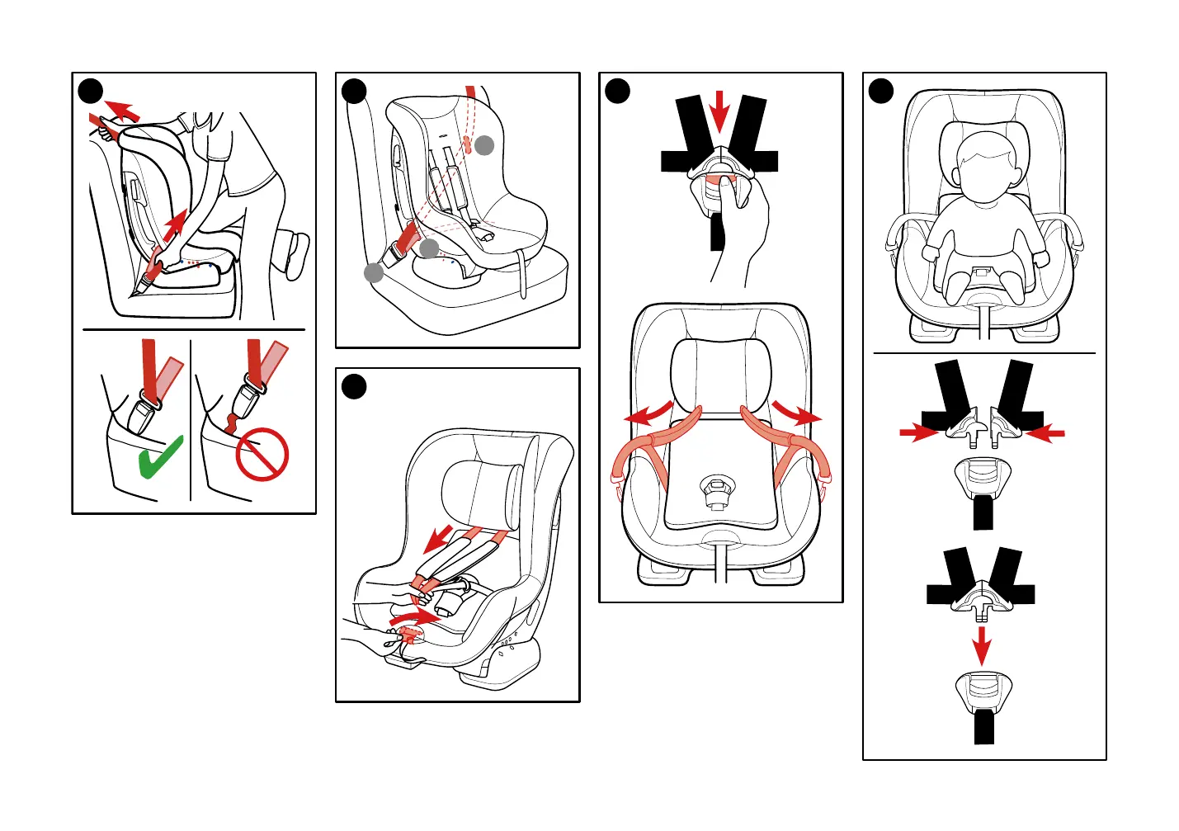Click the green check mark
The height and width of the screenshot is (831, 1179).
pyautogui.click(x=161, y=458)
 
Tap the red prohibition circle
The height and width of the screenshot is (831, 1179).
pyautogui.click(x=262, y=456)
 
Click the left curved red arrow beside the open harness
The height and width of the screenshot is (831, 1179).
pyautogui.click(x=648, y=414)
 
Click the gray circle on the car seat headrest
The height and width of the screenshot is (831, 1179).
pyautogui.click(x=484, y=145)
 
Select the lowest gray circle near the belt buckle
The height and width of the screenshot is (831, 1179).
pyautogui.click(x=374, y=272)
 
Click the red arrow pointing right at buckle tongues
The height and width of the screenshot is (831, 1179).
pyautogui.click(x=917, y=432)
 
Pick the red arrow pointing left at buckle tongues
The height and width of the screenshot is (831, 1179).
pyautogui.click(x=1045, y=432)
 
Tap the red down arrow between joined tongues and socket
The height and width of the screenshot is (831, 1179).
pyautogui.click(x=981, y=644)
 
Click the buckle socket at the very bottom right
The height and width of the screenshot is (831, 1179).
pyautogui.click(x=983, y=693)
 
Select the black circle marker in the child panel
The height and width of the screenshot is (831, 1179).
pyautogui.click(x=881, y=91)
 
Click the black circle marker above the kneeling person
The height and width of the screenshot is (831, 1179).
pyautogui.click(x=91, y=91)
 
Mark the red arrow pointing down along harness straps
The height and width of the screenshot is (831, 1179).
pyautogui.click(x=438, y=539)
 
